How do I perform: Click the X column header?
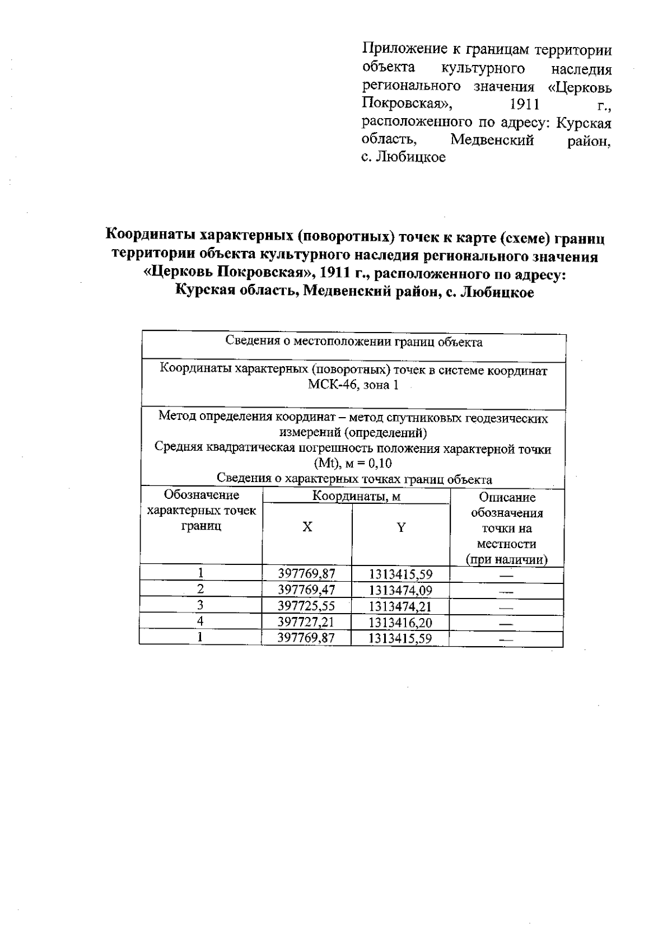pyautogui.click(x=307, y=527)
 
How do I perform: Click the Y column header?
pyautogui.click(x=401, y=527)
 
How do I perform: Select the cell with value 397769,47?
pyautogui.click(x=306, y=590)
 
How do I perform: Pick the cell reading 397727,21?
pyautogui.click(x=306, y=622)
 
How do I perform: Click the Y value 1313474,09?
pyautogui.click(x=401, y=590)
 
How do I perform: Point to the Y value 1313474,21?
pyautogui.click(x=401, y=606)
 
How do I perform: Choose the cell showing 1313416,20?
pyautogui.click(x=401, y=622)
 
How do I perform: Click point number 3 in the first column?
pyautogui.click(x=200, y=605)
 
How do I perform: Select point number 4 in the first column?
pyautogui.click(x=200, y=621)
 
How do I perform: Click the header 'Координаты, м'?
pyautogui.click(x=356, y=496)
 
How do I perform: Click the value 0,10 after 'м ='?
pyautogui.click(x=381, y=464)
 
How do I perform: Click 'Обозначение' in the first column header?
pyautogui.click(x=201, y=495)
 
